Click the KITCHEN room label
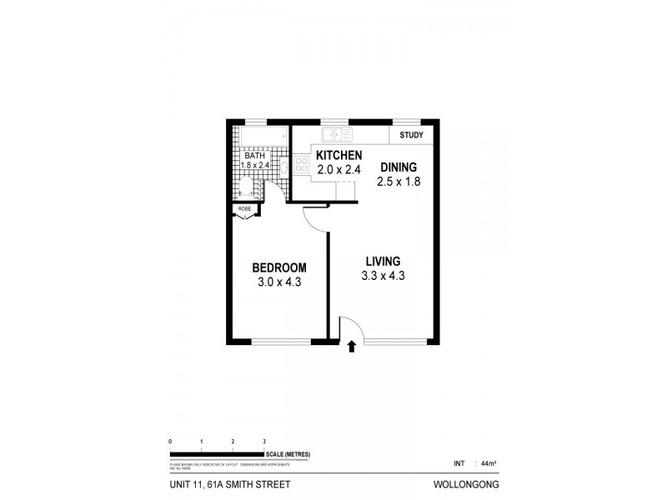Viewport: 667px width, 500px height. point(339,155)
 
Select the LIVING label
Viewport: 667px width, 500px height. point(382,261)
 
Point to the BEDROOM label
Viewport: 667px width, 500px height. point(279,267)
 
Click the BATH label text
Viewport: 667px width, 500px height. point(254,155)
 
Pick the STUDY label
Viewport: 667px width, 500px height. point(411,135)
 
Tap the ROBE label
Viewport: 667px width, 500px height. point(244,208)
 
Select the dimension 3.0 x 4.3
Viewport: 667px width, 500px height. point(279,282)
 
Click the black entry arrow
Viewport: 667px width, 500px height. point(351,346)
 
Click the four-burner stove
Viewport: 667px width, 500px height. point(301,164)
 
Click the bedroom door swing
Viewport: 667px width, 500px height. point(315,218)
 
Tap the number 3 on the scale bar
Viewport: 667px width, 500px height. point(264,440)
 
